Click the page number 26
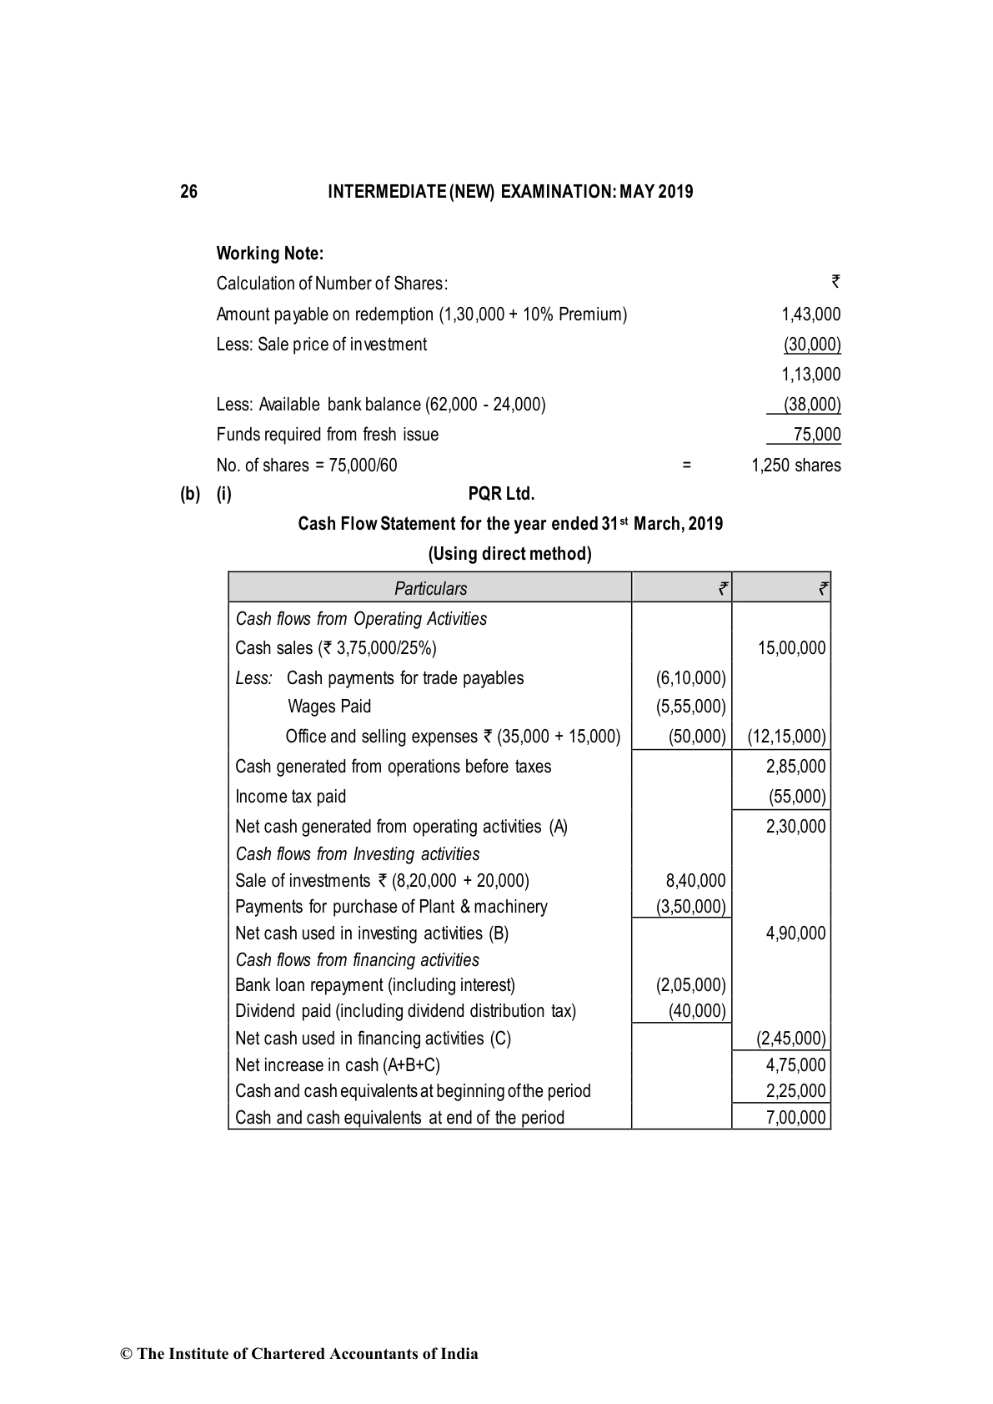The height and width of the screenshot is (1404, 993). pyautogui.click(x=189, y=192)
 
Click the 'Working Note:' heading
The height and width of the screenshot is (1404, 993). pyautogui.click(x=269, y=253)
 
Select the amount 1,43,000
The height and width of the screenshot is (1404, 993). pyautogui.click(x=810, y=315)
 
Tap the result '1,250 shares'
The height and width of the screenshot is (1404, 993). pyautogui.click(x=795, y=465)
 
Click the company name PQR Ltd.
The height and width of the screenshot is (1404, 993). pyautogui.click(x=501, y=494)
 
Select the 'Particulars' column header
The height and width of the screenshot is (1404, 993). pyautogui.click(x=430, y=588)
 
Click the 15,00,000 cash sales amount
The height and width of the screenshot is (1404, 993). pyautogui.click(x=791, y=648)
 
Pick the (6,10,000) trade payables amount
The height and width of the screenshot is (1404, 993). pyautogui.click(x=691, y=678)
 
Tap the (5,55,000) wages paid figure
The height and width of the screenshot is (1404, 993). pyautogui.click(x=691, y=707)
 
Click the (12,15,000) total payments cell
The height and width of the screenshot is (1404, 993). pyautogui.click(x=786, y=737)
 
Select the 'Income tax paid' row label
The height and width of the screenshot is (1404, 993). pyautogui.click(x=290, y=797)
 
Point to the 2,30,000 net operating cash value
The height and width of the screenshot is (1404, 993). pyautogui.click(x=795, y=827)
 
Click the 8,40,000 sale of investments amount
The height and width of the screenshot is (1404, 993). pyautogui.click(x=695, y=881)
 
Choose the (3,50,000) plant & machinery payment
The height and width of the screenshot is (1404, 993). pyautogui.click(x=691, y=907)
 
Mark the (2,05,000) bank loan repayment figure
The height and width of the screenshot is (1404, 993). pyautogui.click(x=691, y=985)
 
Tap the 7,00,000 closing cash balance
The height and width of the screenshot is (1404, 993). pyautogui.click(x=795, y=1118)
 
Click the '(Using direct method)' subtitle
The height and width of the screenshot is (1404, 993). pyautogui.click(x=509, y=554)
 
